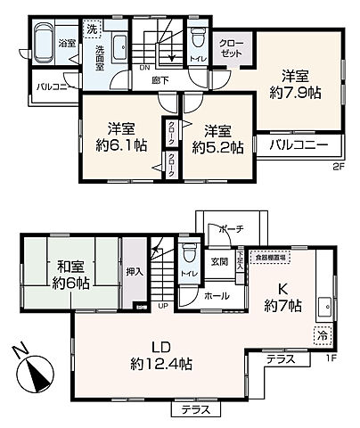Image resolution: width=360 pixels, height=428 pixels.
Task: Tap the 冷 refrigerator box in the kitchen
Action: tap(320, 337)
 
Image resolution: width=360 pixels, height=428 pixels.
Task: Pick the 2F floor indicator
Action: tap(339, 166)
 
